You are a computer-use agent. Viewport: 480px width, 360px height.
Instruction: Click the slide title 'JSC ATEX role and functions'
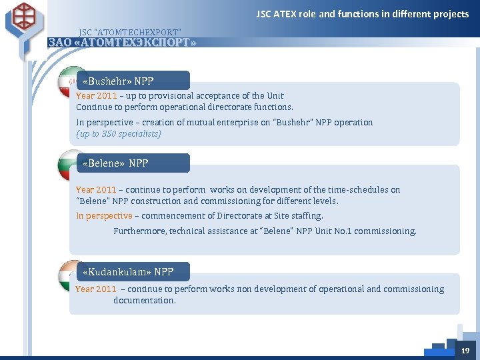coord(363,14)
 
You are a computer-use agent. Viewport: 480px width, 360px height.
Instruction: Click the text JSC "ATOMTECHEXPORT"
coord(129,32)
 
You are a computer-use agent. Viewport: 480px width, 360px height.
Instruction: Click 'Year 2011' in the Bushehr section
coord(97,96)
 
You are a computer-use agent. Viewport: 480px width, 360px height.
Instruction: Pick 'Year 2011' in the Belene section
coord(97,190)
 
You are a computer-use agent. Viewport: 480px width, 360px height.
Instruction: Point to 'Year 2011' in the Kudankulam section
coord(96,289)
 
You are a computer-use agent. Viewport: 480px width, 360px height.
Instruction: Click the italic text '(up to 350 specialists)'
coord(119,133)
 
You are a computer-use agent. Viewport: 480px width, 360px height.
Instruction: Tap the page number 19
coord(465,351)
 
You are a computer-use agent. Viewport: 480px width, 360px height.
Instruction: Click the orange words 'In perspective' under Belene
coord(104,216)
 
